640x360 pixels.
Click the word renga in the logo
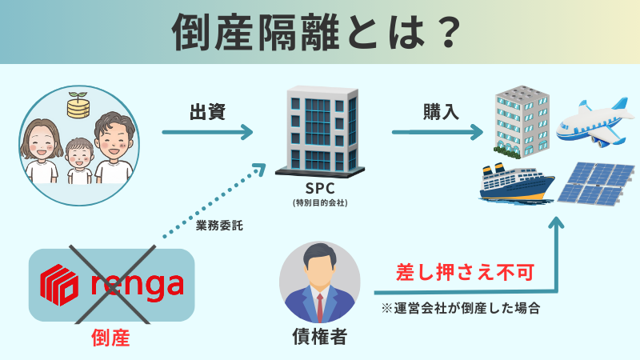coord(136,284)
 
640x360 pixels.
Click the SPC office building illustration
coord(320,132)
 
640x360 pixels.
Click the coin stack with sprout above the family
coord(78,106)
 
